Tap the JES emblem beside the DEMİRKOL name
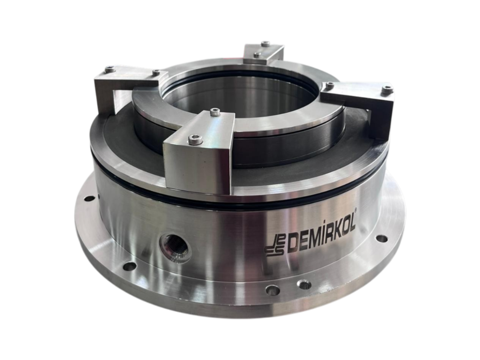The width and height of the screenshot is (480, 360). [x=275, y=246]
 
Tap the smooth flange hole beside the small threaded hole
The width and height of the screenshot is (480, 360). [x=273, y=289]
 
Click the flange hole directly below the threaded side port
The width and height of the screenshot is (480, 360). [x=130, y=266]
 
